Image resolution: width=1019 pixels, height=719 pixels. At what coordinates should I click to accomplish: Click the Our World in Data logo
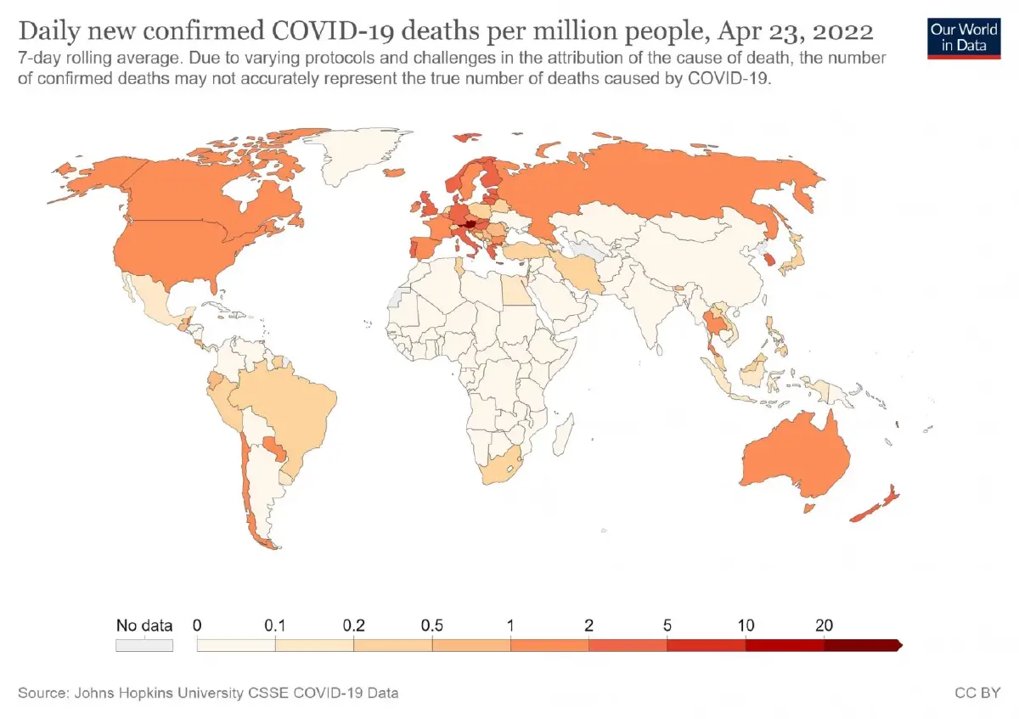tap(964, 39)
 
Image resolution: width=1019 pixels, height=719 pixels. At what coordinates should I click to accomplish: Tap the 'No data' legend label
tap(144, 626)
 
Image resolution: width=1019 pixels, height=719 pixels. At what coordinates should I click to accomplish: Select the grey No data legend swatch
tap(144, 645)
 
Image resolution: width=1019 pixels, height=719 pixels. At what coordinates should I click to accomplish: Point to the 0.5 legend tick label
tap(431, 626)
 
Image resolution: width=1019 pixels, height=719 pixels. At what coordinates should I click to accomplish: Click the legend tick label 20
tap(824, 626)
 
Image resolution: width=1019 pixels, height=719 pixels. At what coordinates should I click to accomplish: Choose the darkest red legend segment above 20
tap(863, 645)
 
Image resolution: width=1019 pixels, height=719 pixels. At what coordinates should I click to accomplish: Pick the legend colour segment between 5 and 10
tap(707, 645)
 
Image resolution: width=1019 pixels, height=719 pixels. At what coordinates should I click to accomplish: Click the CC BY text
tap(977, 693)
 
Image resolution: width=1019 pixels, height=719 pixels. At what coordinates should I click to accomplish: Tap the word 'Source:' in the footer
tap(43, 693)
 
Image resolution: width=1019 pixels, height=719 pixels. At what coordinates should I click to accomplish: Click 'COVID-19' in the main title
tap(334, 31)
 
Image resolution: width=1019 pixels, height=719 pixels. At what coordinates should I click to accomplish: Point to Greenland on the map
tap(359, 154)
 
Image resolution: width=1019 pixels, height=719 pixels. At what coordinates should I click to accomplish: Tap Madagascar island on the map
tap(563, 435)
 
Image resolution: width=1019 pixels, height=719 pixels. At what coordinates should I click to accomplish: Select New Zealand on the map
tap(875, 504)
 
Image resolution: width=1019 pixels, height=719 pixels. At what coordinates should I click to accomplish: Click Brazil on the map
tap(287, 409)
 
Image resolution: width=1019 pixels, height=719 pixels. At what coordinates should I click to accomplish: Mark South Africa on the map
tap(502, 466)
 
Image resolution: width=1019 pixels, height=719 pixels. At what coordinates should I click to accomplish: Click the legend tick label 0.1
tap(275, 626)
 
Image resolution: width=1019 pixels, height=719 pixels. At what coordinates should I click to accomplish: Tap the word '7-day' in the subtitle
tap(40, 59)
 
